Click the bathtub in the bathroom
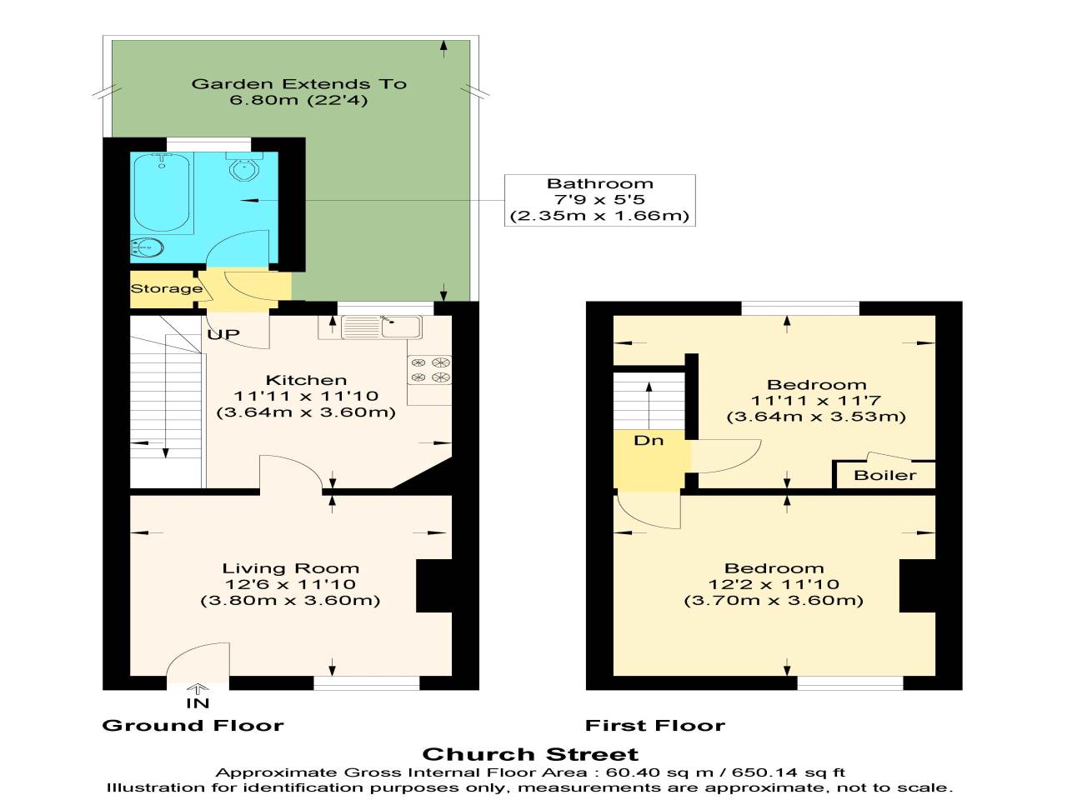coord(162,192)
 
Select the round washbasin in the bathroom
coord(148,247)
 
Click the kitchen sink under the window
coord(382,327)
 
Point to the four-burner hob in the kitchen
coord(429,370)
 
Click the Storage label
coord(166,288)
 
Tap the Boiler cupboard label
coord(884,474)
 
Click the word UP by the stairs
coord(223,333)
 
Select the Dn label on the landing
coord(649,440)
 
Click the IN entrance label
coord(198,702)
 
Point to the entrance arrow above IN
coord(198,689)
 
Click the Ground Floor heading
coord(193,725)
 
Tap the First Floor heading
coord(654,725)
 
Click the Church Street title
coord(530,754)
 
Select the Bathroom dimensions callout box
coord(600,200)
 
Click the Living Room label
coord(291,567)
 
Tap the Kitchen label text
coord(306,380)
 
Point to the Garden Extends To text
coord(299,83)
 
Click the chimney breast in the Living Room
coord(434,586)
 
